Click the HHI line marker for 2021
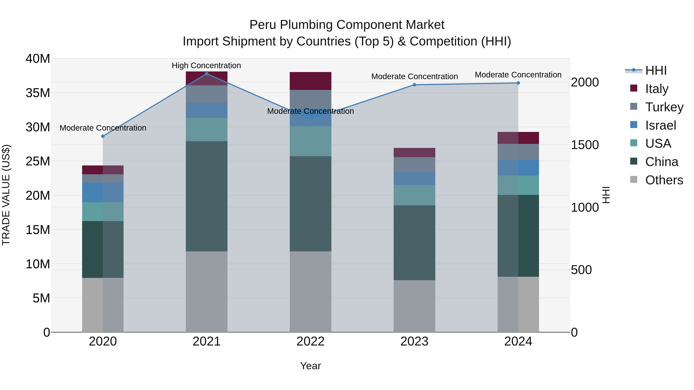(x=207, y=74)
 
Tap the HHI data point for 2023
(x=414, y=85)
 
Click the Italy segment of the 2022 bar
(x=310, y=81)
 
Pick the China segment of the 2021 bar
(x=207, y=196)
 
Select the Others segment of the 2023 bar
(x=414, y=306)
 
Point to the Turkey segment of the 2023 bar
(x=414, y=165)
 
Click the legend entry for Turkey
(x=664, y=107)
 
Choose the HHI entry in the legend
(x=656, y=70)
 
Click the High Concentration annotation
(x=206, y=65)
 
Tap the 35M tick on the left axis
(x=38, y=93)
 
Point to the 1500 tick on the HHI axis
(x=585, y=145)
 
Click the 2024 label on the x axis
(x=518, y=341)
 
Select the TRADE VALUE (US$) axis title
(x=6, y=195)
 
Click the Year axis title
(x=310, y=366)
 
